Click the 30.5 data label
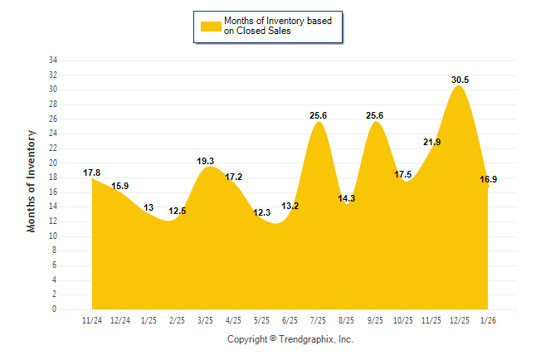coord(460,80)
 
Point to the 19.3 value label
coord(205,161)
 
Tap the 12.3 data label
coord(261,212)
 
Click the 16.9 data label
coord(489,178)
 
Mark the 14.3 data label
coord(347,198)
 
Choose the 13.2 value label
coord(290,206)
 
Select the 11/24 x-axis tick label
coord(92,320)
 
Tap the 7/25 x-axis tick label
coord(318,320)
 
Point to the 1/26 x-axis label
coord(488,320)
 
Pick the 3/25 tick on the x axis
coord(205,320)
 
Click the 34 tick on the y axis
coord(52,61)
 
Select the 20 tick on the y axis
coord(52,163)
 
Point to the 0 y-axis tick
coord(55,309)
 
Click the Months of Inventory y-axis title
coord(32,180)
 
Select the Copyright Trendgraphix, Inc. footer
coord(290,339)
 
